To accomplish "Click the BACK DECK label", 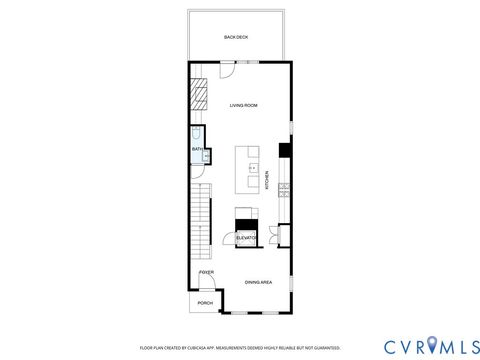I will pyautogui.click(x=236, y=37).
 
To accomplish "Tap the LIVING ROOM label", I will pyautogui.click(x=244, y=105).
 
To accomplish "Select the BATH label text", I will pyautogui.click(x=197, y=150).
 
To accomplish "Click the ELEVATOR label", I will pyautogui.click(x=246, y=238).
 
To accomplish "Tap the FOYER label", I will pyautogui.click(x=206, y=272).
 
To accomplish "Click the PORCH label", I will pyautogui.click(x=204, y=303).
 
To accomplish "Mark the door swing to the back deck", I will pyautogui.click(x=228, y=68).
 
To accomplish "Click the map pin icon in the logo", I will pyautogui.click(x=432, y=346).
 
